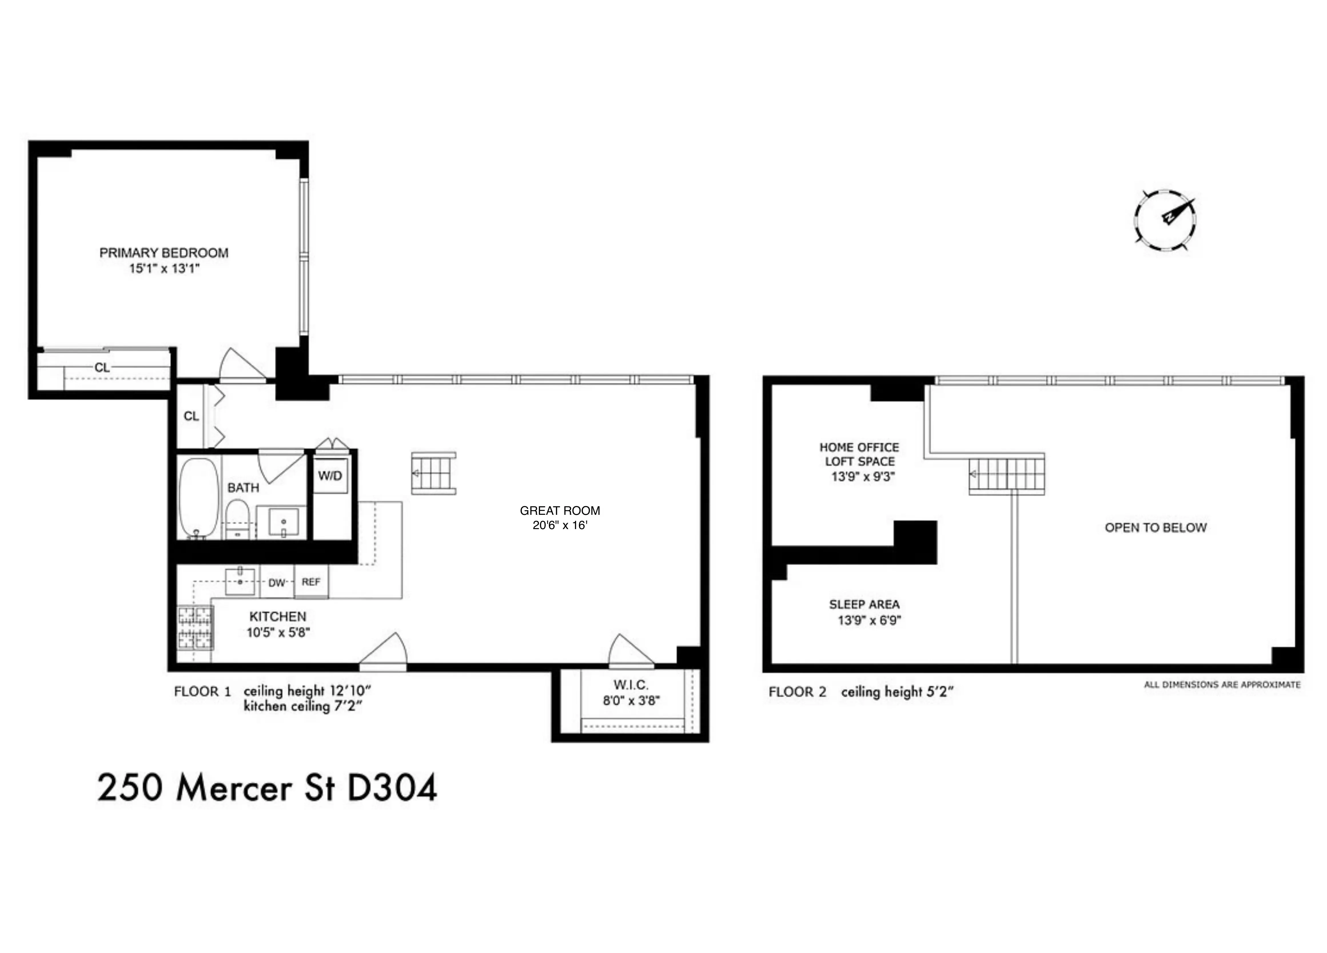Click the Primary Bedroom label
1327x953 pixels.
pyautogui.click(x=164, y=253)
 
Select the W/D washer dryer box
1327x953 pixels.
pyautogui.click(x=330, y=476)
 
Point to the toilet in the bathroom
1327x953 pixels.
pyautogui.click(x=238, y=518)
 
